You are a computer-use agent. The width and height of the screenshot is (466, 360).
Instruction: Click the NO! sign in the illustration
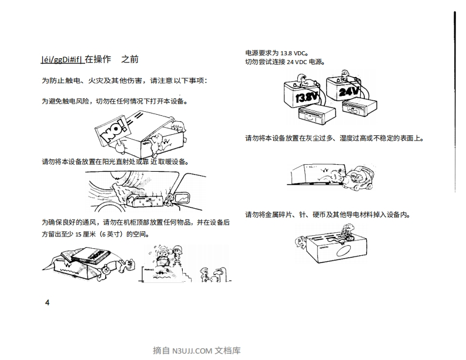[112, 133]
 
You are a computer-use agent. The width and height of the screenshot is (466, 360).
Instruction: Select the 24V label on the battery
[348, 91]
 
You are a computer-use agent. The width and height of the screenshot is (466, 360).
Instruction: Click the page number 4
[48, 302]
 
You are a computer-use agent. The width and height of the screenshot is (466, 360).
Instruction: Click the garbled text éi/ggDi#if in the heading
[61, 59]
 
